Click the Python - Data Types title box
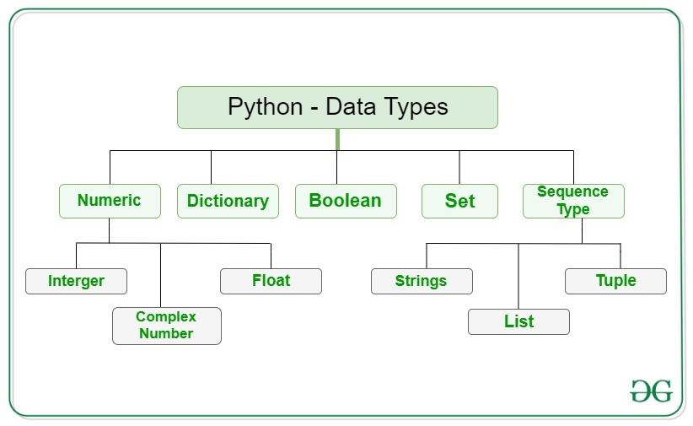click(x=337, y=107)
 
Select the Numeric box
click(x=110, y=201)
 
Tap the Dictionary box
click(x=228, y=201)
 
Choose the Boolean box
click(x=346, y=201)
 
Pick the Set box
click(x=459, y=201)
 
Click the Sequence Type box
click(x=573, y=201)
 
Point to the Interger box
click(x=76, y=281)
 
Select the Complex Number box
click(x=166, y=326)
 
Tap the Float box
click(x=271, y=281)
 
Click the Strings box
click(x=422, y=281)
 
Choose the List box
click(x=518, y=321)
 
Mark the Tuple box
click(x=615, y=281)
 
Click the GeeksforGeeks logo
click(x=652, y=391)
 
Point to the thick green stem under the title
click(x=337, y=139)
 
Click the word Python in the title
click(x=265, y=107)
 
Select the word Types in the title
click(x=412, y=107)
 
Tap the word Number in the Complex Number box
click(x=166, y=334)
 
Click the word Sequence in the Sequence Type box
click(x=572, y=191)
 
